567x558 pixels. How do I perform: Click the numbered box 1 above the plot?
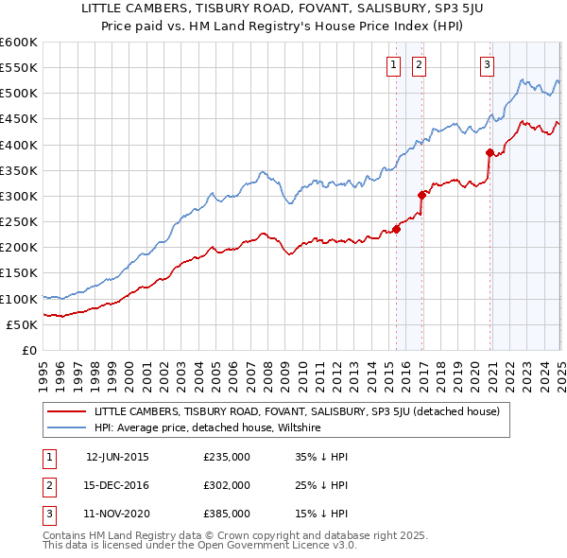click(x=392, y=65)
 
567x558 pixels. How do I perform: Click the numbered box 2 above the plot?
click(x=418, y=65)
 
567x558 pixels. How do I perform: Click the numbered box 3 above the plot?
click(x=487, y=65)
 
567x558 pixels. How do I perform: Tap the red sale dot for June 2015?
click(x=397, y=229)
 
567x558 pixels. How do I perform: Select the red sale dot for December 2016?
click(x=422, y=195)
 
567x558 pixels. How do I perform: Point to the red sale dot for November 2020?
click(x=490, y=152)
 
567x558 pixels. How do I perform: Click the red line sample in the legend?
click(x=66, y=411)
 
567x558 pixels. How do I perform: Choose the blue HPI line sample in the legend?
click(x=66, y=427)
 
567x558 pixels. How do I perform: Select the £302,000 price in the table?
click(x=227, y=485)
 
